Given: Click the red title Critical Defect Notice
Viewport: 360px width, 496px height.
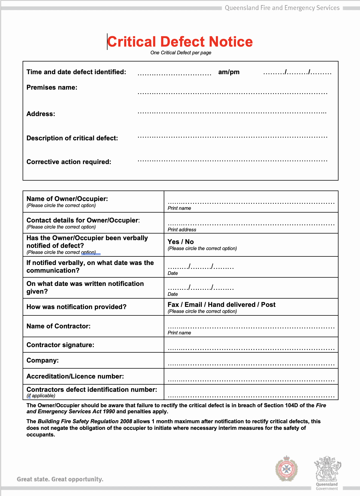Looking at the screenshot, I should (180, 42).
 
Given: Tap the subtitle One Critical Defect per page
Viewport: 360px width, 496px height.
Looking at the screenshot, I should (181, 53).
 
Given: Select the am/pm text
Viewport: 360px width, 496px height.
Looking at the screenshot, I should (229, 72).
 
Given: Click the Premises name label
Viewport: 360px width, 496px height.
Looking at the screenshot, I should (52, 87).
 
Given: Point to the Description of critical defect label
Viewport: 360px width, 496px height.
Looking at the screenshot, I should (72, 138).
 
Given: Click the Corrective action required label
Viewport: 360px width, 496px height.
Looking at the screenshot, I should (69, 162).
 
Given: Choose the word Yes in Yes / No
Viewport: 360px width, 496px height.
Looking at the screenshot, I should (173, 242).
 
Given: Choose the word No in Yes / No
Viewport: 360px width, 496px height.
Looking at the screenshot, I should (189, 242).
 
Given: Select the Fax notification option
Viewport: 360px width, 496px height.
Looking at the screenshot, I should (173, 305).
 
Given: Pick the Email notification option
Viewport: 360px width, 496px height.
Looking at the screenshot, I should (193, 305).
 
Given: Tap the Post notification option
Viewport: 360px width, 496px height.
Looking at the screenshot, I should (268, 305).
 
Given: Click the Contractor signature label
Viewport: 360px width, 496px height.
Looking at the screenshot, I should (60, 345).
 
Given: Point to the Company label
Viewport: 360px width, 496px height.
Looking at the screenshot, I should (42, 360).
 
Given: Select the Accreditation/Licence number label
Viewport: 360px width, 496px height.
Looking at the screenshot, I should (75, 376).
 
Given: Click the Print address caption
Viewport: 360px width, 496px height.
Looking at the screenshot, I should (182, 230).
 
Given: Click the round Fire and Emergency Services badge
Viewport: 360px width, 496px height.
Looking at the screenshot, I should (287, 469).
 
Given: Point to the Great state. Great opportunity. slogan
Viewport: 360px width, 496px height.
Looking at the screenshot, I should (60, 479).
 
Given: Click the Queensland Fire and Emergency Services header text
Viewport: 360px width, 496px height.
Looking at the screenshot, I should (282, 8).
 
